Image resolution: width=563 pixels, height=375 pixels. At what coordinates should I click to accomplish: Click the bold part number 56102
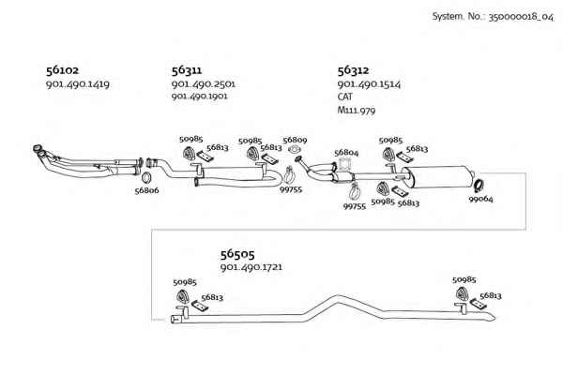pyautogui.click(x=62, y=70)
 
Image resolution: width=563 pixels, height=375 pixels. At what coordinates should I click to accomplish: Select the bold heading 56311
pyautogui.click(x=187, y=70)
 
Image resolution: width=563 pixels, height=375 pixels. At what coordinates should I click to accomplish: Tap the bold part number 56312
pyautogui.click(x=353, y=70)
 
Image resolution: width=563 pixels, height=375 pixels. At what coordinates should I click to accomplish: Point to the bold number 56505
pyautogui.click(x=237, y=254)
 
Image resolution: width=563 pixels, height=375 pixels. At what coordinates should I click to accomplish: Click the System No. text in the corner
pyautogui.click(x=493, y=17)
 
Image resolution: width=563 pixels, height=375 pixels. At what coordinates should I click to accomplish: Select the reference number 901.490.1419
pyautogui.click(x=78, y=84)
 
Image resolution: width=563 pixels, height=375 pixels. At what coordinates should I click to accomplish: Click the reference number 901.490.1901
pyautogui.click(x=199, y=97)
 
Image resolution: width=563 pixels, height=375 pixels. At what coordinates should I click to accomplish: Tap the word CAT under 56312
pyautogui.click(x=344, y=97)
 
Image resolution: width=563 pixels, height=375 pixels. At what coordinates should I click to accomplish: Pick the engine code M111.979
pyautogui.click(x=357, y=110)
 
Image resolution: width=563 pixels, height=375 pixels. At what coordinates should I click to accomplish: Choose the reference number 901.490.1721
pyautogui.click(x=251, y=267)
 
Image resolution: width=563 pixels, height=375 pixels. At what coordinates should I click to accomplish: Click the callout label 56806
pyautogui.click(x=146, y=190)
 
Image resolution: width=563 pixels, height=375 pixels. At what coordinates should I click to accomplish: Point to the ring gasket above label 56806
pyautogui.click(x=145, y=177)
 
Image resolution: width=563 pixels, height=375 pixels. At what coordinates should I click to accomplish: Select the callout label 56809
pyautogui.click(x=295, y=140)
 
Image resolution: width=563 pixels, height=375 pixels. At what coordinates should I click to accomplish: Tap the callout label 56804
pyautogui.click(x=346, y=153)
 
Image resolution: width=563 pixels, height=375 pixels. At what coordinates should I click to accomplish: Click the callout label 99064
pyautogui.click(x=480, y=199)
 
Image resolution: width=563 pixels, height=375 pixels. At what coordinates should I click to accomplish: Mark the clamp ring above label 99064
pyautogui.click(x=479, y=184)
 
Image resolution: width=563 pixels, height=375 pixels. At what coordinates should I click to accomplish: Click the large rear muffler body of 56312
pyautogui.click(x=437, y=177)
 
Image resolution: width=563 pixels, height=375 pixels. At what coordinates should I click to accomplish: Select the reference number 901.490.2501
pyautogui.click(x=204, y=84)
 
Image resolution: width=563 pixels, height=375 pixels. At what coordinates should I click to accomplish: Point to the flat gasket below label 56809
pyautogui.click(x=295, y=149)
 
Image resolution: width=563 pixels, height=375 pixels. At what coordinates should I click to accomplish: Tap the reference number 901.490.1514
pyautogui.click(x=369, y=84)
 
